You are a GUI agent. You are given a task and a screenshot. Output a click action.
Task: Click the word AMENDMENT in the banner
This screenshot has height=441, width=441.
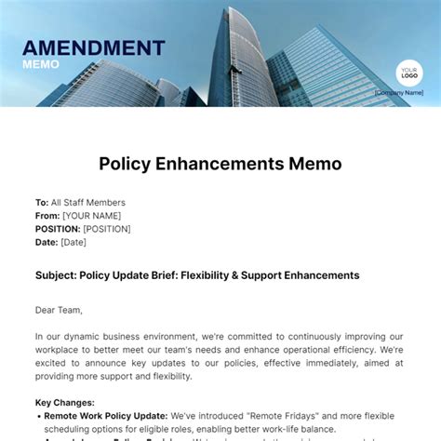[93, 47]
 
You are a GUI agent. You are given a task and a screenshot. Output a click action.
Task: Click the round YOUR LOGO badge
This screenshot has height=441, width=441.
[408, 73]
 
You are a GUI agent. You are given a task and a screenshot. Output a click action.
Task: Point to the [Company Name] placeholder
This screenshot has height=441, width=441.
[398, 93]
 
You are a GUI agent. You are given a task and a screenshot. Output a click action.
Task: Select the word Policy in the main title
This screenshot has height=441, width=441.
[126, 164]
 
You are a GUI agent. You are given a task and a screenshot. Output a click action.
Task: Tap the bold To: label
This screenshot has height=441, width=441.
[42, 203]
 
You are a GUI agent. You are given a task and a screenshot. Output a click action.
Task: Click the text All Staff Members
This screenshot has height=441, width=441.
[88, 203]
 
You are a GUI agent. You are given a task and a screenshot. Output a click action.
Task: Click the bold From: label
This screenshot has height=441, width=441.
[47, 216]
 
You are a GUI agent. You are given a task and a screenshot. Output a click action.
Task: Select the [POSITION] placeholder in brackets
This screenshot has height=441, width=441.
[107, 229]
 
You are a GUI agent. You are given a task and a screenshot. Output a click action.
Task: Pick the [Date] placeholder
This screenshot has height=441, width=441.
[73, 242]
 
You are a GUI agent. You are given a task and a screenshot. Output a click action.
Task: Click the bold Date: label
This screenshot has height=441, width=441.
[47, 242]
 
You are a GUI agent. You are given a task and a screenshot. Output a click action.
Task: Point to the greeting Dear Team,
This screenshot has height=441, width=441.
[60, 310]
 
